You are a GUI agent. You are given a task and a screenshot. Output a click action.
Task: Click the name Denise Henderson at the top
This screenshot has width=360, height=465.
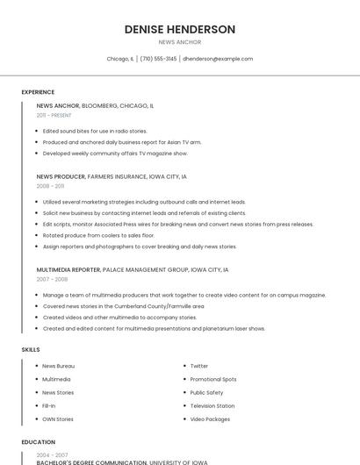tap(180, 30)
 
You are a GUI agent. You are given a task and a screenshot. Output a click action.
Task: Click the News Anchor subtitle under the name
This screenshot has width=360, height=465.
tap(180, 42)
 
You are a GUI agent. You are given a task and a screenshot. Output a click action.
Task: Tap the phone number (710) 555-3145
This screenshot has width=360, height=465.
tap(158, 59)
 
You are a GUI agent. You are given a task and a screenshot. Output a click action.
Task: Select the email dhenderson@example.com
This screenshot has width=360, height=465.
tap(218, 59)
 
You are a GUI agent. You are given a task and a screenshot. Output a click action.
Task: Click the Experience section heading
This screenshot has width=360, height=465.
tap(38, 92)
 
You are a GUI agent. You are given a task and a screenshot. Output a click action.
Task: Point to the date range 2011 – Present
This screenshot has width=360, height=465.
tap(54, 115)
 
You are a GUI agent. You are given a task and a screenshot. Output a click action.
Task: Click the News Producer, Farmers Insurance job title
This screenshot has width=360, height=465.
tap(112, 176)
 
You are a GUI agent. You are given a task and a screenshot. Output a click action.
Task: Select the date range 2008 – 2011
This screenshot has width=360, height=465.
tap(50, 186)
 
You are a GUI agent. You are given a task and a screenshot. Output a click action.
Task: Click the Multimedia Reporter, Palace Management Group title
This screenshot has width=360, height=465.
tap(133, 270)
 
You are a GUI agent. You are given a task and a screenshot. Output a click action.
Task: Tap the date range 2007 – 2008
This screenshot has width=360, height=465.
tap(52, 280)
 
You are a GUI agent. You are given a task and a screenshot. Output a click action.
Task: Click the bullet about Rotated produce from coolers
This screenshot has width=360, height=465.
tap(98, 235)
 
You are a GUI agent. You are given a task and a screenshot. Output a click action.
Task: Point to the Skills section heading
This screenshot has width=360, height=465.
tap(31, 349)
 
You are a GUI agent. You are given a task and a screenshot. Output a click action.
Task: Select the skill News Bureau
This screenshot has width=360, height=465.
tap(59, 366)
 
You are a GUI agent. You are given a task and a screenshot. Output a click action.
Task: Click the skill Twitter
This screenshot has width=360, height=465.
tap(199, 366)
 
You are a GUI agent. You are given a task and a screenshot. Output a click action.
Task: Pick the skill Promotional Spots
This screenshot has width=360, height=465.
tap(213, 379)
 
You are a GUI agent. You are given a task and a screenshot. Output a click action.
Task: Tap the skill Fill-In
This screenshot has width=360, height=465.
tap(49, 406)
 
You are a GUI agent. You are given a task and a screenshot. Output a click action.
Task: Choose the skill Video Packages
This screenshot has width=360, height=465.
tap(210, 419)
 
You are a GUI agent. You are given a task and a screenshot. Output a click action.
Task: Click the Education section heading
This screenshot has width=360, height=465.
tap(38, 442)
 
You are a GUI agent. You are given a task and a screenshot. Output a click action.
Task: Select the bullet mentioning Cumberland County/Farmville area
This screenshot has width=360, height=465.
tap(123, 306)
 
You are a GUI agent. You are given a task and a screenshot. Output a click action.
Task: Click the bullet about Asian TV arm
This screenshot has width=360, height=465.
tap(122, 142)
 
